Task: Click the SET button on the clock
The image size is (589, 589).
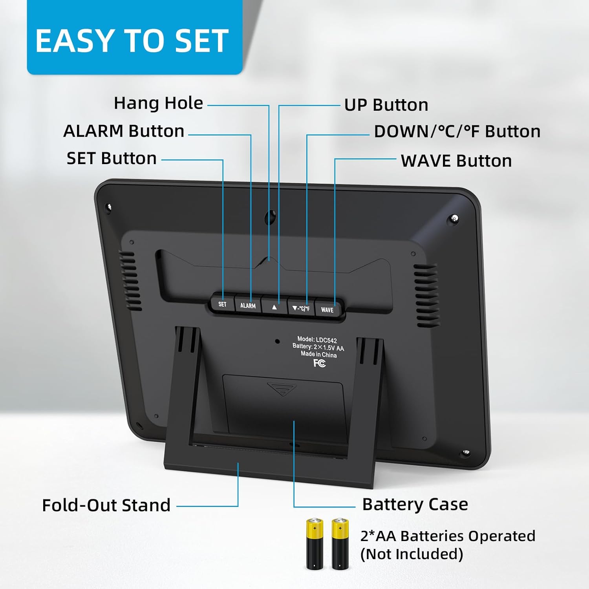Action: click(222, 304)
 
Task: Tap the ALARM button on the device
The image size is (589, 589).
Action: click(248, 305)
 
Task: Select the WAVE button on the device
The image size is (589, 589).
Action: click(327, 309)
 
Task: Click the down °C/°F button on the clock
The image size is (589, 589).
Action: click(301, 308)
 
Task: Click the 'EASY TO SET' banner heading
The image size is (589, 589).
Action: click(132, 41)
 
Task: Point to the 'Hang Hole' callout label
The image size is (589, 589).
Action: click(158, 103)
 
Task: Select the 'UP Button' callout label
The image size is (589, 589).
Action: click(386, 105)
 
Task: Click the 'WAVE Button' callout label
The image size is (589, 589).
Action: click(456, 161)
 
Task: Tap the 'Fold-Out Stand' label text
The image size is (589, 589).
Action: click(106, 505)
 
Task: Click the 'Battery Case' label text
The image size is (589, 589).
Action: click(415, 504)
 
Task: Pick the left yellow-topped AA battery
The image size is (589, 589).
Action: click(315, 544)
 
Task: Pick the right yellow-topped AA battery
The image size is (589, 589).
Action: click(340, 544)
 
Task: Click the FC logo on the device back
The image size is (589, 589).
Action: click(320, 363)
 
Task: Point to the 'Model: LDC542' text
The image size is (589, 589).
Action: click(317, 340)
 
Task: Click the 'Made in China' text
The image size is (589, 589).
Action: click(319, 354)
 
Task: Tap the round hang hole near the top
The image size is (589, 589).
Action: click(270, 216)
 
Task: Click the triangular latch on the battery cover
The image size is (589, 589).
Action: click(282, 389)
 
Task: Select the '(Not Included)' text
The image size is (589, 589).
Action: click(412, 554)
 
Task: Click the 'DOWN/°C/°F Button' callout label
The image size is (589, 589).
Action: click(457, 132)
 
